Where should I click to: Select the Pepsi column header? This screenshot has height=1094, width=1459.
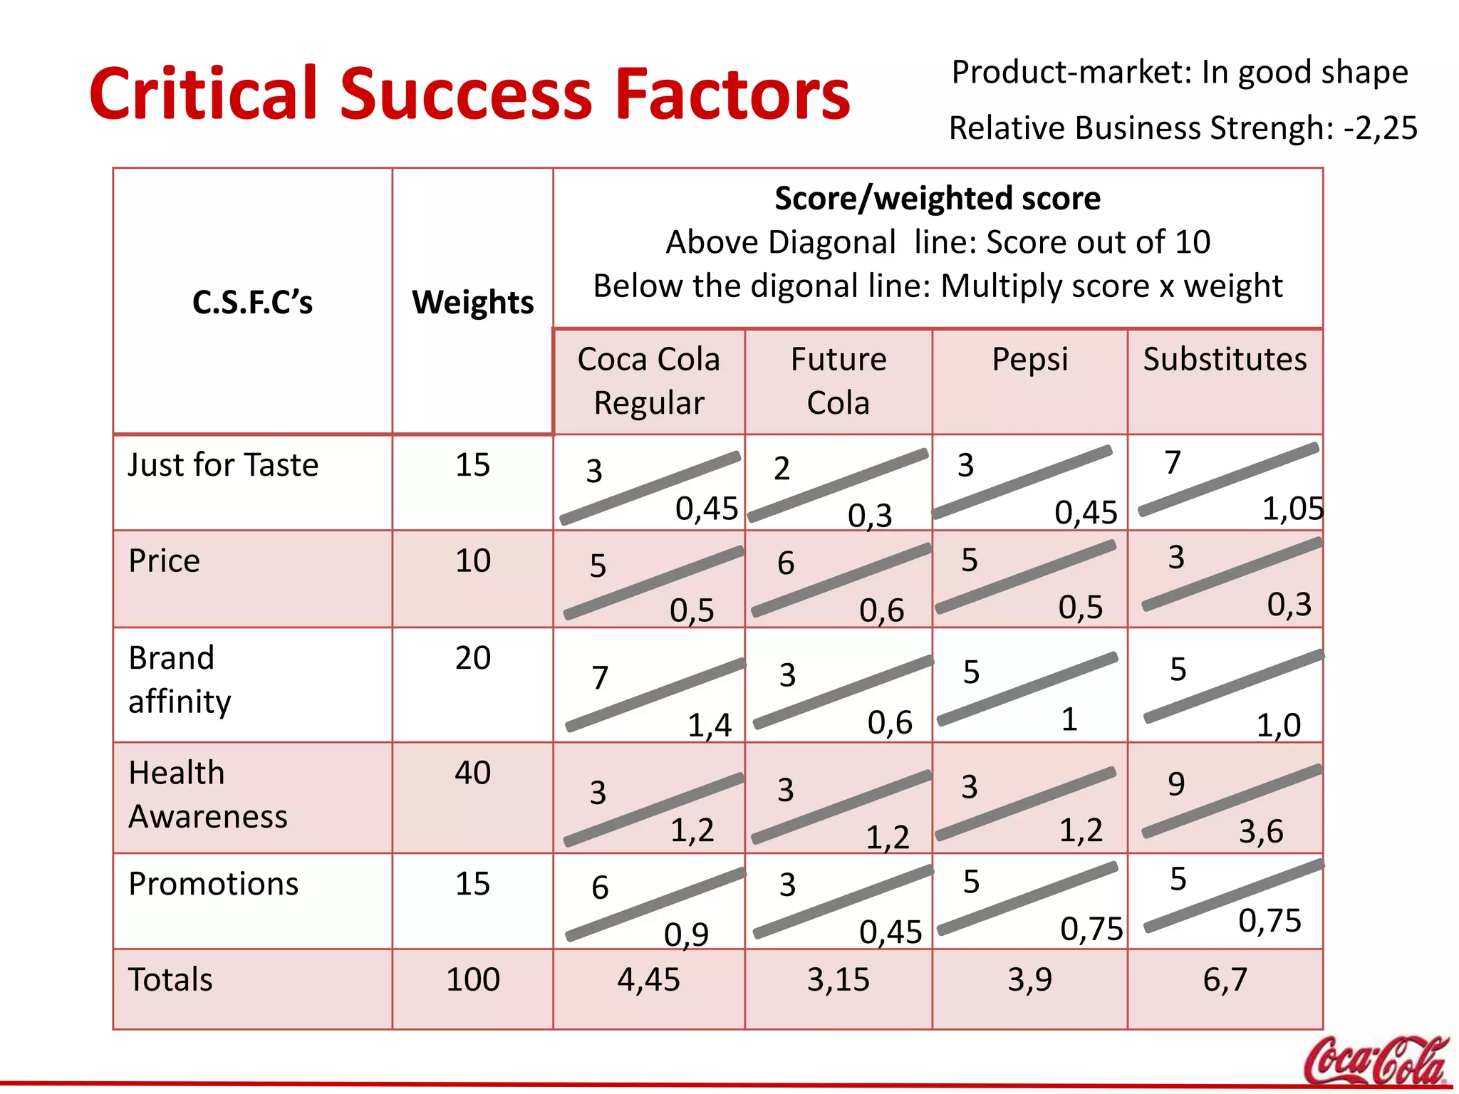click(1029, 359)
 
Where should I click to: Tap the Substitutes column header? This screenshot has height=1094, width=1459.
click(1225, 359)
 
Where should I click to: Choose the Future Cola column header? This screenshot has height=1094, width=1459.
click(838, 381)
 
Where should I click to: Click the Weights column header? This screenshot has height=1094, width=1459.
click(472, 302)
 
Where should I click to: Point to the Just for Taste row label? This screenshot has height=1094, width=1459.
click(223, 465)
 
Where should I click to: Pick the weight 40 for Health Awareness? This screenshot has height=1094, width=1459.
click(472, 773)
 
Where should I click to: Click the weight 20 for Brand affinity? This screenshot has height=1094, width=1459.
click(472, 657)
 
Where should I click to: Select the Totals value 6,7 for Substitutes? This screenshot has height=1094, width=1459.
click(1225, 980)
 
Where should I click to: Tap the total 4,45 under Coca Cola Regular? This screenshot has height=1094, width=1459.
click(648, 980)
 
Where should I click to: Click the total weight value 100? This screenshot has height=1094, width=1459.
click(472, 980)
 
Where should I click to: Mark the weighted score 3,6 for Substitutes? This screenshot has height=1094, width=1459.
click(1260, 831)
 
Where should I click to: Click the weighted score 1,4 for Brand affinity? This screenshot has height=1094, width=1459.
click(709, 725)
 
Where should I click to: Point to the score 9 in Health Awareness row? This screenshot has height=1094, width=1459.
click(1176, 784)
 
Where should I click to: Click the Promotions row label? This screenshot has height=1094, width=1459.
click(213, 884)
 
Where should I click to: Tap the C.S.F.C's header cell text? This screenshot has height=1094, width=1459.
click(252, 302)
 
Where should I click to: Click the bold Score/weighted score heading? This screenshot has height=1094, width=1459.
click(937, 198)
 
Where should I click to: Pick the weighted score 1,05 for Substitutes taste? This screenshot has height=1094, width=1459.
click(1292, 509)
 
